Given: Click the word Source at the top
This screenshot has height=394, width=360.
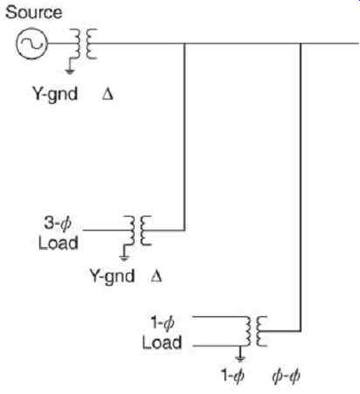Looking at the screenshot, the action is pyautogui.click(x=34, y=12).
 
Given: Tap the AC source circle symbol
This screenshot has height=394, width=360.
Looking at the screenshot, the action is pyautogui.click(x=31, y=44).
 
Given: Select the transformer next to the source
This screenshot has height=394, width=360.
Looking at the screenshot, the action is pyautogui.click(x=85, y=44).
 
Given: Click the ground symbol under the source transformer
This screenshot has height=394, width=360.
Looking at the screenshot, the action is pyautogui.click(x=70, y=66).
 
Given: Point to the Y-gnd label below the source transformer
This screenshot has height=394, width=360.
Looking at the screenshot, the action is pyautogui.click(x=55, y=94).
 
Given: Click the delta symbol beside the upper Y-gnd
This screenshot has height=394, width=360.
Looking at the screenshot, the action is pyautogui.click(x=107, y=94).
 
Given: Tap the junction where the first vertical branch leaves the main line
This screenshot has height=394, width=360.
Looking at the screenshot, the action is pyautogui.click(x=184, y=44).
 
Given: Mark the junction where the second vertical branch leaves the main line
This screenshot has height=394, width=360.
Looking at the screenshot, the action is pyautogui.click(x=301, y=44).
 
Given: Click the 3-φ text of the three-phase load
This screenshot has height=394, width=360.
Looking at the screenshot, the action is pyautogui.click(x=58, y=224).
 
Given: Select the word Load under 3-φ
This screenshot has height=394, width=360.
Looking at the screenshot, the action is pyautogui.click(x=59, y=243).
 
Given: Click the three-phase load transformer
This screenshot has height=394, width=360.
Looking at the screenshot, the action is pyautogui.click(x=137, y=231).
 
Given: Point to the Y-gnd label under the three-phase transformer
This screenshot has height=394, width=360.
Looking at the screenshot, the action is pyautogui.click(x=112, y=276).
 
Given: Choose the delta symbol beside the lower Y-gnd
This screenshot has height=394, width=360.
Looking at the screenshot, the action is pyautogui.click(x=156, y=276).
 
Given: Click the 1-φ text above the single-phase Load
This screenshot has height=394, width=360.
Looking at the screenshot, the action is pyautogui.click(x=163, y=323).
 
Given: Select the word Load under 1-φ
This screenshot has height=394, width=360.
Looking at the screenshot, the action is pyautogui.click(x=162, y=342).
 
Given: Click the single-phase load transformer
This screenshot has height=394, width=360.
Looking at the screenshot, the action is pyautogui.click(x=256, y=331).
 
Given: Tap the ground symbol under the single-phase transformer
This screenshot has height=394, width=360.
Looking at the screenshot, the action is pyautogui.click(x=240, y=354).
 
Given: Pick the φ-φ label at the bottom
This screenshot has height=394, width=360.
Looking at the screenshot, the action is pyautogui.click(x=286, y=376).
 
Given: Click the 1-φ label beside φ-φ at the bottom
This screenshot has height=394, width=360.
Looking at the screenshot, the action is pyautogui.click(x=232, y=376).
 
